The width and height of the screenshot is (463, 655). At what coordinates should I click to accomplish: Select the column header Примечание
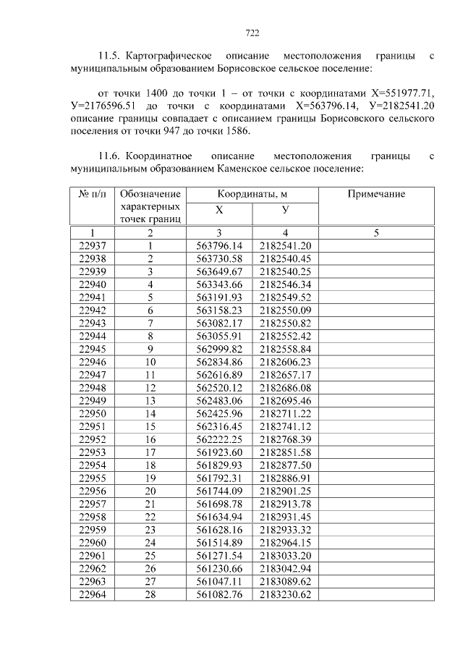[376, 194]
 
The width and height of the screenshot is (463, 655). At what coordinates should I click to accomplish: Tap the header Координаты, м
[252, 194]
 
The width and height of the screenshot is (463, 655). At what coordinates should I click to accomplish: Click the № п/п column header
[92, 194]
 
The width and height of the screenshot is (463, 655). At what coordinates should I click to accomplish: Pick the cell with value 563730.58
[219, 258]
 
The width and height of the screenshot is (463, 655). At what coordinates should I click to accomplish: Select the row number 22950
[92, 413]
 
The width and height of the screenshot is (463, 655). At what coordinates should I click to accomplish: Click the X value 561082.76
[219, 594]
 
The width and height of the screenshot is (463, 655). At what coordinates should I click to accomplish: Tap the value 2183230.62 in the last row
[285, 594]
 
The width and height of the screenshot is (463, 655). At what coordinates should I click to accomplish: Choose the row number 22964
[92, 594]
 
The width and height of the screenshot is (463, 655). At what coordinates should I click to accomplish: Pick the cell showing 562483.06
[219, 400]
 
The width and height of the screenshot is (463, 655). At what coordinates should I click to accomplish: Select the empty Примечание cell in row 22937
[376, 245]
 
